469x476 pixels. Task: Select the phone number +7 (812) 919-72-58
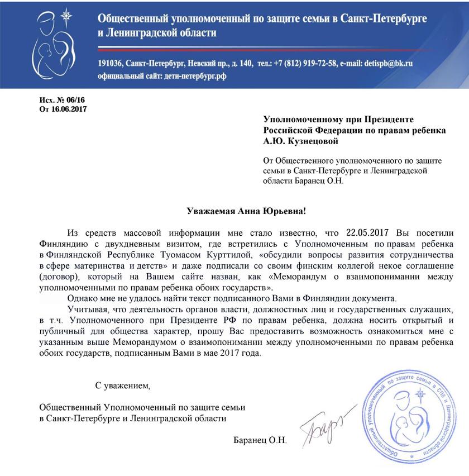300,63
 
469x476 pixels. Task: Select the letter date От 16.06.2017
63,108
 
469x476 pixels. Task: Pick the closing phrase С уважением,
123,385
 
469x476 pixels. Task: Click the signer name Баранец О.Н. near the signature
260,440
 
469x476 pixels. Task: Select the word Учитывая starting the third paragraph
86,309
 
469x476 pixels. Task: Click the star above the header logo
67,16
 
